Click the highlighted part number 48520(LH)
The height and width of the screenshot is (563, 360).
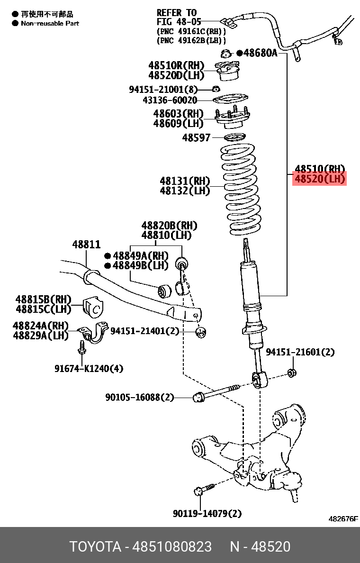pyautogui.click(x=319, y=179)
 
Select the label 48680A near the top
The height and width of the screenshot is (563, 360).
pyautogui.click(x=260, y=53)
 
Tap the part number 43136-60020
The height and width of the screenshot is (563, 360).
pyautogui.click(x=170, y=100)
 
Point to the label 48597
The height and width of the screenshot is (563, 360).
pyautogui.click(x=196, y=138)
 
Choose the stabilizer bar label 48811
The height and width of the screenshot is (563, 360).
pyautogui.click(x=86, y=245)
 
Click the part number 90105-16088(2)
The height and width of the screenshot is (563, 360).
pyautogui.click(x=140, y=397)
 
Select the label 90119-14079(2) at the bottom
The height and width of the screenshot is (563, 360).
pyautogui.click(x=207, y=513)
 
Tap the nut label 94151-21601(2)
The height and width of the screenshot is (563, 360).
pyautogui.click(x=300, y=352)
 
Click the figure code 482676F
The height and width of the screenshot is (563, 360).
pyautogui.click(x=343, y=519)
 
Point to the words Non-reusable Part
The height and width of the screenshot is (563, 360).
pyautogui.click(x=50, y=23)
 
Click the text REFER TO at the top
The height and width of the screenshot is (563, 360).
pyautogui.click(x=176, y=13)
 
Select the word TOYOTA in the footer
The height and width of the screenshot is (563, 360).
pyautogui.click(x=96, y=546)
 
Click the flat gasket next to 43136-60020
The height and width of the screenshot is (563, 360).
pyautogui.click(x=230, y=100)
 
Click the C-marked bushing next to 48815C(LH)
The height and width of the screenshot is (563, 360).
pyautogui.click(x=93, y=309)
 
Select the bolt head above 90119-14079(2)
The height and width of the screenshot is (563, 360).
pyautogui.click(x=199, y=491)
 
